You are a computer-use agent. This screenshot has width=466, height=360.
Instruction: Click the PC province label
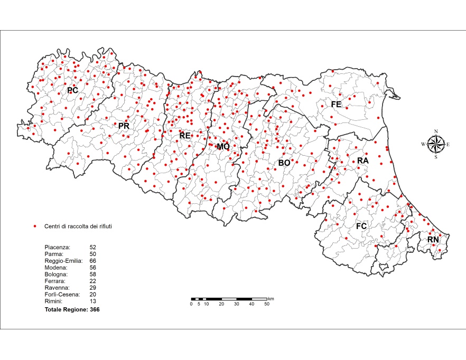tap(72, 90)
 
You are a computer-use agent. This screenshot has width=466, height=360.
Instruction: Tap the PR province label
tap(124, 126)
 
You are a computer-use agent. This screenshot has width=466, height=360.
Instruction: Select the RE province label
tap(184, 135)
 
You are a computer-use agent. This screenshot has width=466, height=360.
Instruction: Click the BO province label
tap(284, 163)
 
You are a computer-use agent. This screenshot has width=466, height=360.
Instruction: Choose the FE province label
tap(336, 105)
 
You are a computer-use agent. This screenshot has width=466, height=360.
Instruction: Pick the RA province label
tap(362, 160)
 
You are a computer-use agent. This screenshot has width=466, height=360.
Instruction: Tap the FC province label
tap(361, 226)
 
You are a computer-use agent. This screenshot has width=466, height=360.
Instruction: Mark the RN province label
tap(433, 240)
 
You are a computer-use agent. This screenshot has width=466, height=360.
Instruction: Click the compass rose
tap(435, 144)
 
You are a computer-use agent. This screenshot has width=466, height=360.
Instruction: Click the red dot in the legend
tap(35, 226)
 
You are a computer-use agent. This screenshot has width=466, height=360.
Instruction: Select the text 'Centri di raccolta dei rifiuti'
tap(78, 226)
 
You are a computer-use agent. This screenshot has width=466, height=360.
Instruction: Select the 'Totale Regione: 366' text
tap(72, 310)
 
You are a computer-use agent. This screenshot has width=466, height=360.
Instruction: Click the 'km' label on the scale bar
tap(271, 299)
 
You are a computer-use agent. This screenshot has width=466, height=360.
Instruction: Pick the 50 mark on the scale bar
tap(267, 304)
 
